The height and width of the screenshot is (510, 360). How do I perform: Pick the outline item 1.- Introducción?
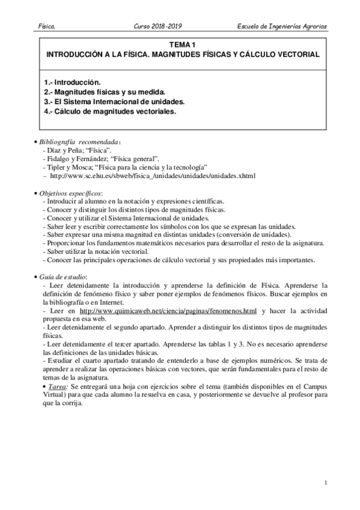click(73, 81)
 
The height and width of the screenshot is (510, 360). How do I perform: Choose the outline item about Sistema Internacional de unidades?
click(114, 102)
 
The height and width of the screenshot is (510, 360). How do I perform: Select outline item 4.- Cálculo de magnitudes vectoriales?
click(110, 112)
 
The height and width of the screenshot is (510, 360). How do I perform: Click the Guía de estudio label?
click(63, 275)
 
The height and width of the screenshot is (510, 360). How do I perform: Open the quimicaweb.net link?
click(168, 310)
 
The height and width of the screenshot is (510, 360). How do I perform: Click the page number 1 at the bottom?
click(325, 483)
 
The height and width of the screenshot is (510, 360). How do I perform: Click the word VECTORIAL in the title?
click(294, 54)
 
